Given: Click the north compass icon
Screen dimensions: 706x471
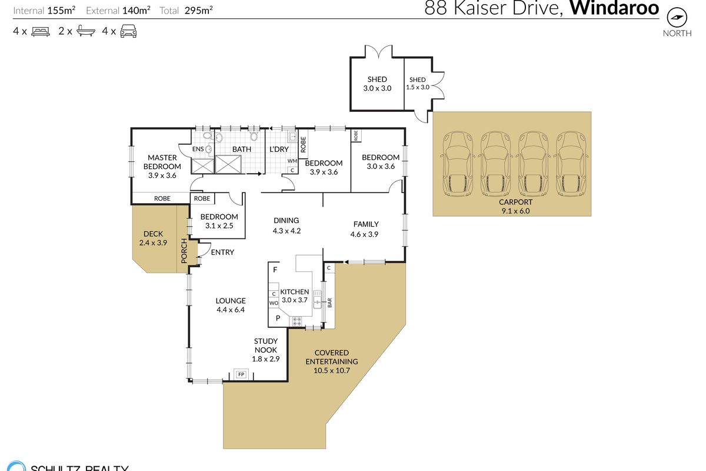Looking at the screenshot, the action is (677, 17).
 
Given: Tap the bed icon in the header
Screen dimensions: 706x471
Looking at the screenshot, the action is (41, 32).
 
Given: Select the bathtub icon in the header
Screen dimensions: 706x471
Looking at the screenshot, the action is (86, 31).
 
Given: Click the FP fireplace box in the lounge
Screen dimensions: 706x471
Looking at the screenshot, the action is (241, 374).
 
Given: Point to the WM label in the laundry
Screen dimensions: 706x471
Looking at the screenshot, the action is (292, 161).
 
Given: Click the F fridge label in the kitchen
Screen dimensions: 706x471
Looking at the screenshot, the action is (275, 270).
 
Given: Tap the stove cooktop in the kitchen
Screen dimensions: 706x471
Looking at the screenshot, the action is (297, 321).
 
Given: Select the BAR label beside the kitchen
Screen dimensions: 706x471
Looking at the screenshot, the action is (329, 303).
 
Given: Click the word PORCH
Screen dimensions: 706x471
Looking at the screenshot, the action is (184, 251).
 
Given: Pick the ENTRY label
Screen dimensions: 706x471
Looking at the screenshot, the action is (222, 253).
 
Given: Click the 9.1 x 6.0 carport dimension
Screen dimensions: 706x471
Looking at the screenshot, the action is (515, 211).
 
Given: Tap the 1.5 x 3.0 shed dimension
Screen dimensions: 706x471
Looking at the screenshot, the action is (418, 87).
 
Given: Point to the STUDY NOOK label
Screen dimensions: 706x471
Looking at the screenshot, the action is (266, 346).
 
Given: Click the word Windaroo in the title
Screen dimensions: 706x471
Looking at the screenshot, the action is (614, 8).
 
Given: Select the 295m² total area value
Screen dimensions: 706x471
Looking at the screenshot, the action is (199, 11).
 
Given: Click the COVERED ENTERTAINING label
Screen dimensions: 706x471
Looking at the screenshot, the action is (332, 357).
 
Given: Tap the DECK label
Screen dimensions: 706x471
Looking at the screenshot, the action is (153, 234).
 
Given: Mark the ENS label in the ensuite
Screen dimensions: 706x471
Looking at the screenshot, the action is (198, 149).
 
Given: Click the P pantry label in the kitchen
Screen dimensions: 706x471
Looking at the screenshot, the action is (278, 318).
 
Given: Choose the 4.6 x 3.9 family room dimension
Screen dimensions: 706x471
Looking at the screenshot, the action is (364, 234).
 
